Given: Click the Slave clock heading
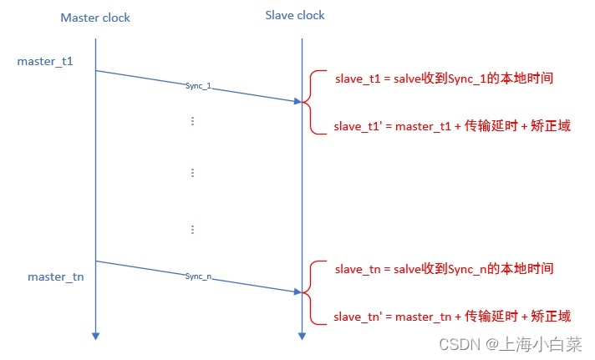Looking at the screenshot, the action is coord(295,16).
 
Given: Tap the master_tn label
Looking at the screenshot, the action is coord(55,276).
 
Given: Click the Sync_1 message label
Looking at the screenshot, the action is coord(198,86).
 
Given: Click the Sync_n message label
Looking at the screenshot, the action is coord(198,276).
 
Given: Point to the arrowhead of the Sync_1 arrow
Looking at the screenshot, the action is coord(297,101).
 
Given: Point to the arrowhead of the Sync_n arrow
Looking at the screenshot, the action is coord(297,291).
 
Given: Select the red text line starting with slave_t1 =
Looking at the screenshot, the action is coord(444,79).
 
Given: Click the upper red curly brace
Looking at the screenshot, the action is coord(310,102).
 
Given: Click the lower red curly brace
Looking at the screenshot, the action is coord(310,292).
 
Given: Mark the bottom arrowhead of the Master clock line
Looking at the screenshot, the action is coord(96,335).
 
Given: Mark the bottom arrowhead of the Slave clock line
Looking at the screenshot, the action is coord(302,335).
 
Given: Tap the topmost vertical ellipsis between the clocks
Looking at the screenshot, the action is coord(193,121).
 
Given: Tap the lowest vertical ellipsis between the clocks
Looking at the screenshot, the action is coord(193,230).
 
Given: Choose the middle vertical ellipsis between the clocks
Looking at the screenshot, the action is coord(193,173).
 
